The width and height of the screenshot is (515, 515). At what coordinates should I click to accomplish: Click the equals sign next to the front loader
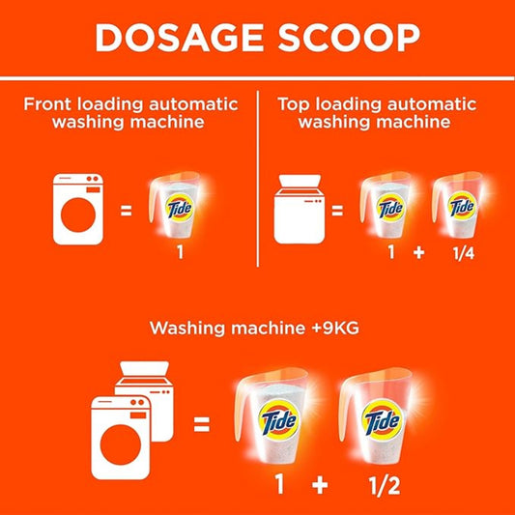(x=127, y=208)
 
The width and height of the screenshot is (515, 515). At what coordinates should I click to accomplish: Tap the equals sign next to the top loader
(x=337, y=208)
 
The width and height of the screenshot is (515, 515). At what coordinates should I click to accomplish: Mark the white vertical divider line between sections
(x=258, y=179)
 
